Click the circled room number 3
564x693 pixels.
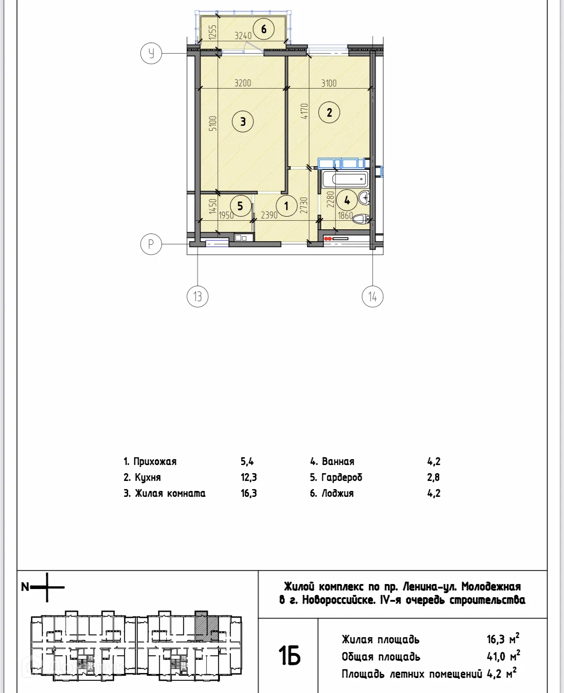point(243,121)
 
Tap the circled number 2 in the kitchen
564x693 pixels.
point(329,112)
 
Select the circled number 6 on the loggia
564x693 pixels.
point(264,29)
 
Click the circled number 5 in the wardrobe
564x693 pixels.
point(240,206)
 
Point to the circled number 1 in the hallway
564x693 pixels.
point(286,206)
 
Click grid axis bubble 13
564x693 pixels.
point(198,297)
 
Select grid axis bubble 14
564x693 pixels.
point(372,297)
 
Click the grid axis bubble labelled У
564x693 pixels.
point(151,53)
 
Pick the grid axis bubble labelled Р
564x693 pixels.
point(151,244)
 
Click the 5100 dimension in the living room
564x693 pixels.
point(213,123)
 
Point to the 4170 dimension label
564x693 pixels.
point(304,111)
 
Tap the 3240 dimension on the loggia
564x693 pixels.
point(243,35)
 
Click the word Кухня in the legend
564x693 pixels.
point(148,477)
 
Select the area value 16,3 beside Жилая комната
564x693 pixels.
point(248,493)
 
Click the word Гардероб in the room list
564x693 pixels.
point(342,477)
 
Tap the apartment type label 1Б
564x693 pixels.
point(289,656)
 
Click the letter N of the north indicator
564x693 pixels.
point(25,587)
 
